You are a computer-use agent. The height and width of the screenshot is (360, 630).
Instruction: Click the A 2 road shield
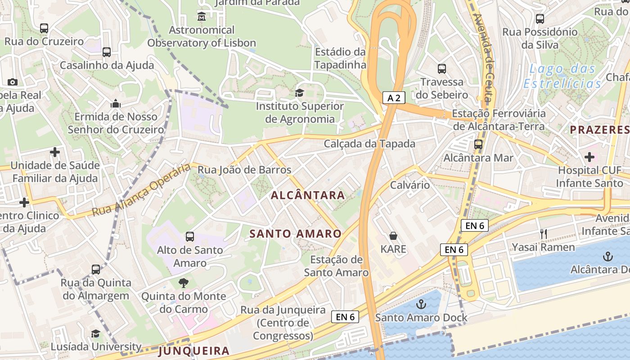point(394,98)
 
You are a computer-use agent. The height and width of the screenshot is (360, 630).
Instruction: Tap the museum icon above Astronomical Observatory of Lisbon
point(201,17)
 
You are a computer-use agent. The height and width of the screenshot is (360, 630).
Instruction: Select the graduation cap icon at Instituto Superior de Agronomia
point(299,93)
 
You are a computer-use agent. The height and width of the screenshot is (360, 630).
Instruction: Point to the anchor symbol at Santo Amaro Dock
point(421,304)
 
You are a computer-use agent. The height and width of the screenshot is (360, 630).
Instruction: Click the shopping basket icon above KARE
point(393,236)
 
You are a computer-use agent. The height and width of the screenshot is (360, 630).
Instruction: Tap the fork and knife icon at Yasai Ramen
point(544,234)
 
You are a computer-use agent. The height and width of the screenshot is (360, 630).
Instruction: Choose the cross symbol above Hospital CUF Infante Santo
point(589,157)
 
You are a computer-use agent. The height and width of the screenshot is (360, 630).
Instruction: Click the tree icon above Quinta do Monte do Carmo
point(183,283)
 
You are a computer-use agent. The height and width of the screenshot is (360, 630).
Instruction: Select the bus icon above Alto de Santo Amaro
point(190,236)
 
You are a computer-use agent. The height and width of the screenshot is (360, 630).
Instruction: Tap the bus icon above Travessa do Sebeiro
point(442,69)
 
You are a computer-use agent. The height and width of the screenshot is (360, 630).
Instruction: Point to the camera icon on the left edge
point(13,82)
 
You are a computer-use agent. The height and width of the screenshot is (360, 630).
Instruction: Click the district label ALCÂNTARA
point(308,195)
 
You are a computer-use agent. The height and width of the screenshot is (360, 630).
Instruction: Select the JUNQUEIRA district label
point(194,351)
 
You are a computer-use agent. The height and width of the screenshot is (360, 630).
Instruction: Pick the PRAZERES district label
point(599,130)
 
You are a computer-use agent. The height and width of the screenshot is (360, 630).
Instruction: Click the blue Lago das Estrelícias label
point(562,76)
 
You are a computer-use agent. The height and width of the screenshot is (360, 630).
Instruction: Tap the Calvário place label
point(409,185)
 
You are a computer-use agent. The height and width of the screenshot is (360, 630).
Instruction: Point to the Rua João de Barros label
point(244,170)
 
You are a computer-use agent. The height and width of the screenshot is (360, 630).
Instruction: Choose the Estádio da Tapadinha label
point(340,58)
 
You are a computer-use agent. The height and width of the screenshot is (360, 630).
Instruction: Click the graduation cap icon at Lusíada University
point(96,333)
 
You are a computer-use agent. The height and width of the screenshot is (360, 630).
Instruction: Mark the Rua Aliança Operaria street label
point(141,190)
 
